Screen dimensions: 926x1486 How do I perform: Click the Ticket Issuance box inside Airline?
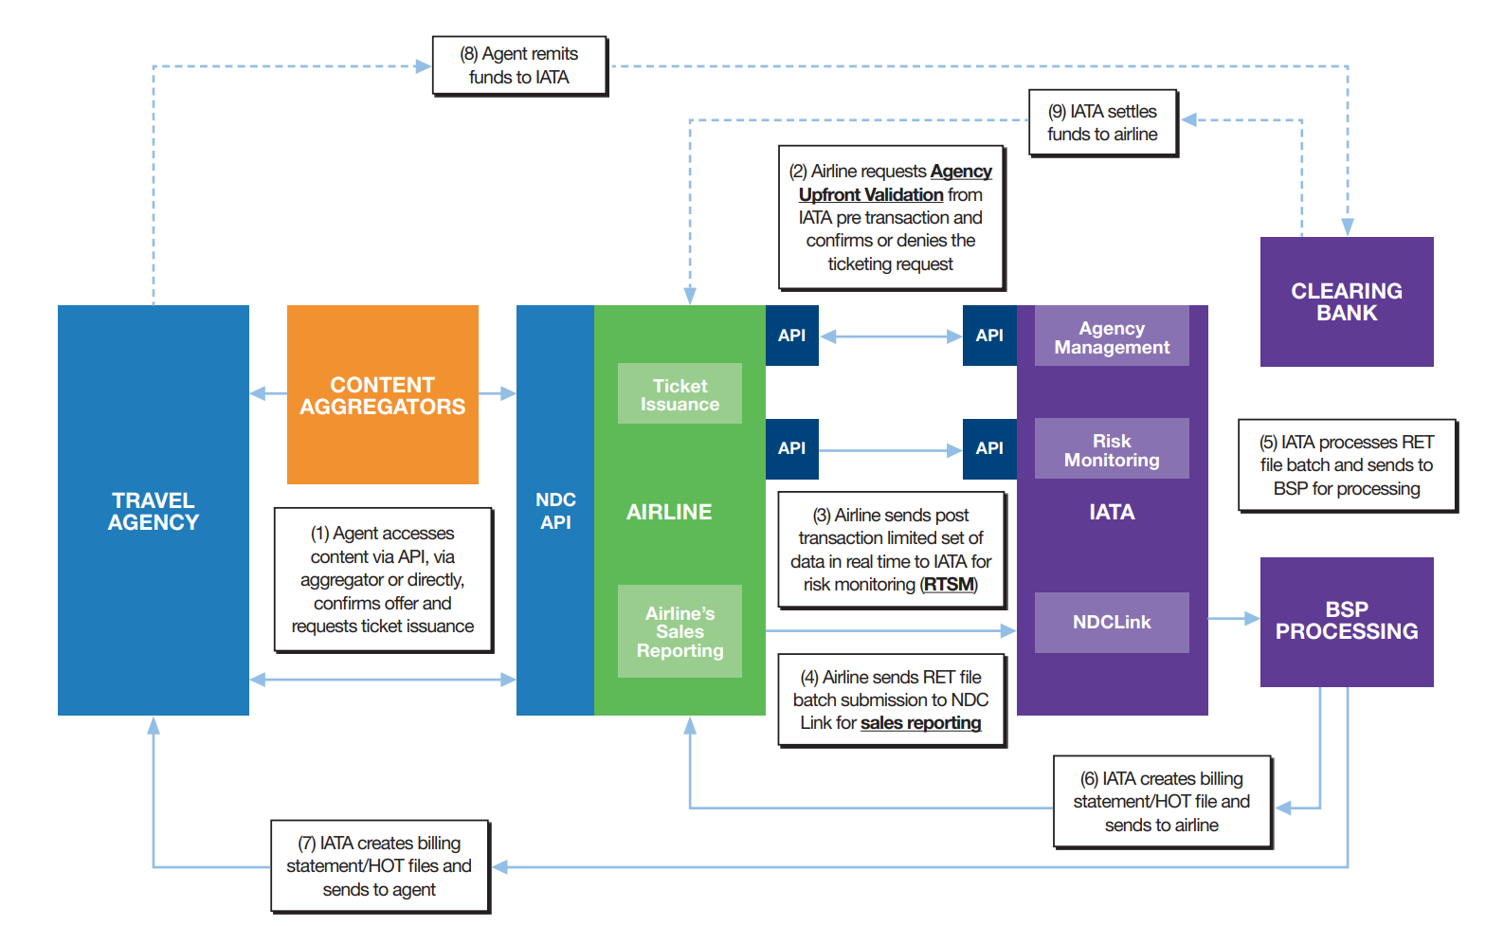[680, 394]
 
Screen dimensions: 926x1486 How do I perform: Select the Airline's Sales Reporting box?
[680, 631]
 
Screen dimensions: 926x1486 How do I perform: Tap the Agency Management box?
[1112, 336]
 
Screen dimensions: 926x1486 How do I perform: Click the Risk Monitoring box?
[1112, 449]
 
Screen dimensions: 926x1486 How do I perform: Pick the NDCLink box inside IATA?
[1112, 622]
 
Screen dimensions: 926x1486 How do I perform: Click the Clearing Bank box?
[1346, 301]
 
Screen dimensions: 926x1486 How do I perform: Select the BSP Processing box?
[1346, 621]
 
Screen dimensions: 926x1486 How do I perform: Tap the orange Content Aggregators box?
[382, 395]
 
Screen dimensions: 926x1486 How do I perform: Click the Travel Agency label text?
[154, 511]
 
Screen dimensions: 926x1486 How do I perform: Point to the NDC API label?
[555, 511]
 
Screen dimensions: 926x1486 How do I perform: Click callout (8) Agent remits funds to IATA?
[519, 65]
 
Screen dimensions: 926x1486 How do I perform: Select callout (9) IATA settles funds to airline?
[1102, 122]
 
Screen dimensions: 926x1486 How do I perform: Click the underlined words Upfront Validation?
[870, 194]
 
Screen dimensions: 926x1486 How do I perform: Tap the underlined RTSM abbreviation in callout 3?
[949, 585]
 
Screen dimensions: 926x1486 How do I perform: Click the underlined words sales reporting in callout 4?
[920, 723]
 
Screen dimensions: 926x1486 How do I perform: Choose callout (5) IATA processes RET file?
[1346, 465]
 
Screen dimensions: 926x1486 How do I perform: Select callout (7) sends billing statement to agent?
[379, 866]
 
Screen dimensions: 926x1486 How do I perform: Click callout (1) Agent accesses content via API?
[383, 579]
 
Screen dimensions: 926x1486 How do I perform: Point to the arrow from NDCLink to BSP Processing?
[1234, 619]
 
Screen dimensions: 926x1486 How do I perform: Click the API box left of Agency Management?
[988, 336]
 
